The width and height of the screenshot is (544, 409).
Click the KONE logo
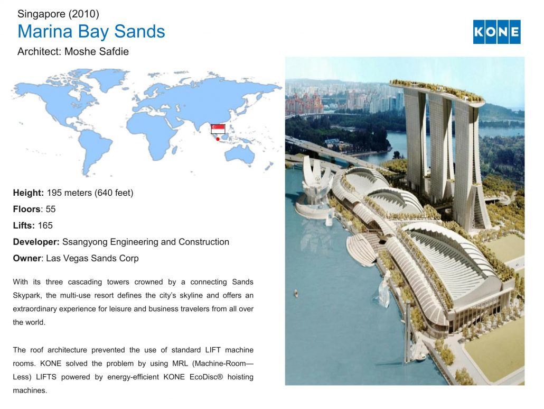(x=496, y=32)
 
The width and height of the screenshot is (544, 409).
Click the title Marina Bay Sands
(x=91, y=31)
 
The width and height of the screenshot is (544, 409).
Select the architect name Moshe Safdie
(x=97, y=51)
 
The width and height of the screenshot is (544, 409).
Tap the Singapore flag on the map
(x=218, y=129)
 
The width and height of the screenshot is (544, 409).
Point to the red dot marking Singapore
(x=218, y=139)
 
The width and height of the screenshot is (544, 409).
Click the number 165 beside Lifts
(x=45, y=225)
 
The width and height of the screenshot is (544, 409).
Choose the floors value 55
(x=51, y=209)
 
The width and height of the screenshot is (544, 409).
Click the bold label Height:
(x=29, y=193)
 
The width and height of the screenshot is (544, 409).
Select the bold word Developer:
(x=36, y=242)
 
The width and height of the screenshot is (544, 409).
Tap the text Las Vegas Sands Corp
(x=92, y=258)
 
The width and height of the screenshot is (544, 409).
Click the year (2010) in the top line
(x=83, y=14)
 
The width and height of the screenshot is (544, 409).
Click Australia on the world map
(x=240, y=154)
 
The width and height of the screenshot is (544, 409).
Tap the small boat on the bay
(x=296, y=293)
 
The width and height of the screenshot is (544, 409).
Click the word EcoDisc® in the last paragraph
(x=206, y=377)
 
